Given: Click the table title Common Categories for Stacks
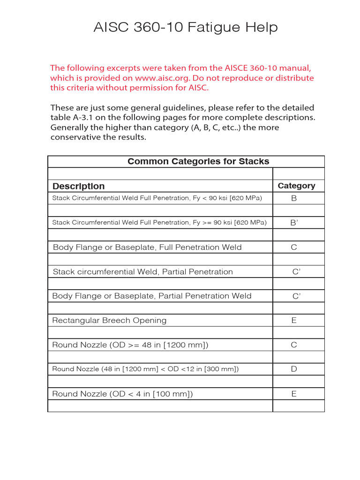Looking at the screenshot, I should pos(198,162).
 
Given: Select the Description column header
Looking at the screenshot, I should pos(79,186).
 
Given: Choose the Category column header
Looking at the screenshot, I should pos(296,186).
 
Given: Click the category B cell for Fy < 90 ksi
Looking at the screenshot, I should pos(294,198).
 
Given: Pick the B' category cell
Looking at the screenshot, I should pos(294,223).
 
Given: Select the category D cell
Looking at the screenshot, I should pos(294,369).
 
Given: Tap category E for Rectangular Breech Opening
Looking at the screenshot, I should pos(294,321).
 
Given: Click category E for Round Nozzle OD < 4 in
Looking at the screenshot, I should pos(294,394).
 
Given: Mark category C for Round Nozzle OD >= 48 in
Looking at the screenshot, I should pos(294,345).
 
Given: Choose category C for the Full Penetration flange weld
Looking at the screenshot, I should pos(294,247).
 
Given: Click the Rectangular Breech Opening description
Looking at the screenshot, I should pos(109,321).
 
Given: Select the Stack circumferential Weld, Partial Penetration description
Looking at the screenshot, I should pos(143,272).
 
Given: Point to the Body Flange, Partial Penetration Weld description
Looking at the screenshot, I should pos(152,296).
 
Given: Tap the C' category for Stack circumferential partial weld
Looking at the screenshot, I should pos(296,272).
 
